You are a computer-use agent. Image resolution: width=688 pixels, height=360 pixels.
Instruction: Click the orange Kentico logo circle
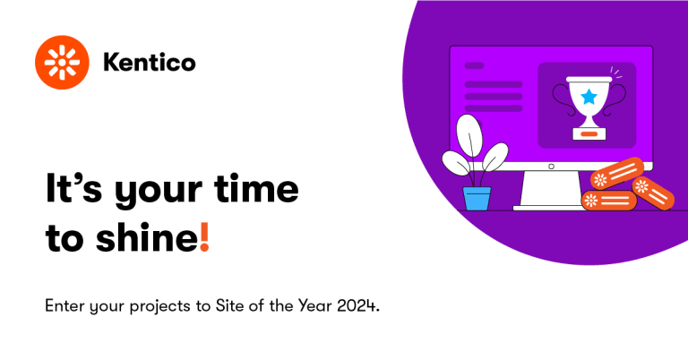63,63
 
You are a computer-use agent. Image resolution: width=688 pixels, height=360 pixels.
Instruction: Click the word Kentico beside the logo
150,63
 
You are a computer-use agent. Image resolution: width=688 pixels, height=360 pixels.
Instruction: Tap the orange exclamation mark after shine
204,236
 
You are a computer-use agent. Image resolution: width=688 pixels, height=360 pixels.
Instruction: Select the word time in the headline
257,189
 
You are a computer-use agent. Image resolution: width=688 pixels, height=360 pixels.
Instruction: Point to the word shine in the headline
147,236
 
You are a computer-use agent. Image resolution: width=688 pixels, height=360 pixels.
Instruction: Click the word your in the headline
159,193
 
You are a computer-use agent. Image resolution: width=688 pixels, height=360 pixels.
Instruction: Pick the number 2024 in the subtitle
357,305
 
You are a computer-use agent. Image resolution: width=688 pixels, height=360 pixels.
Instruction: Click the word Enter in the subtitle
64,305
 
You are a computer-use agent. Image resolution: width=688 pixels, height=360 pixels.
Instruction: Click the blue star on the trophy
589,97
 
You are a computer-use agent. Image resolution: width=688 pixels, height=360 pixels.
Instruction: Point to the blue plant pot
477,198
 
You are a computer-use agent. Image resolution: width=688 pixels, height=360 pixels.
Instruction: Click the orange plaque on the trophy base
589,133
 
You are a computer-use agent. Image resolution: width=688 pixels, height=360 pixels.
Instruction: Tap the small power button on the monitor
552,167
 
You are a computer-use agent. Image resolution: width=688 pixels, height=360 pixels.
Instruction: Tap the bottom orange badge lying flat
608,201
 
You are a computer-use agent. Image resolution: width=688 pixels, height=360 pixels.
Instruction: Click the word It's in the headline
73,189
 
